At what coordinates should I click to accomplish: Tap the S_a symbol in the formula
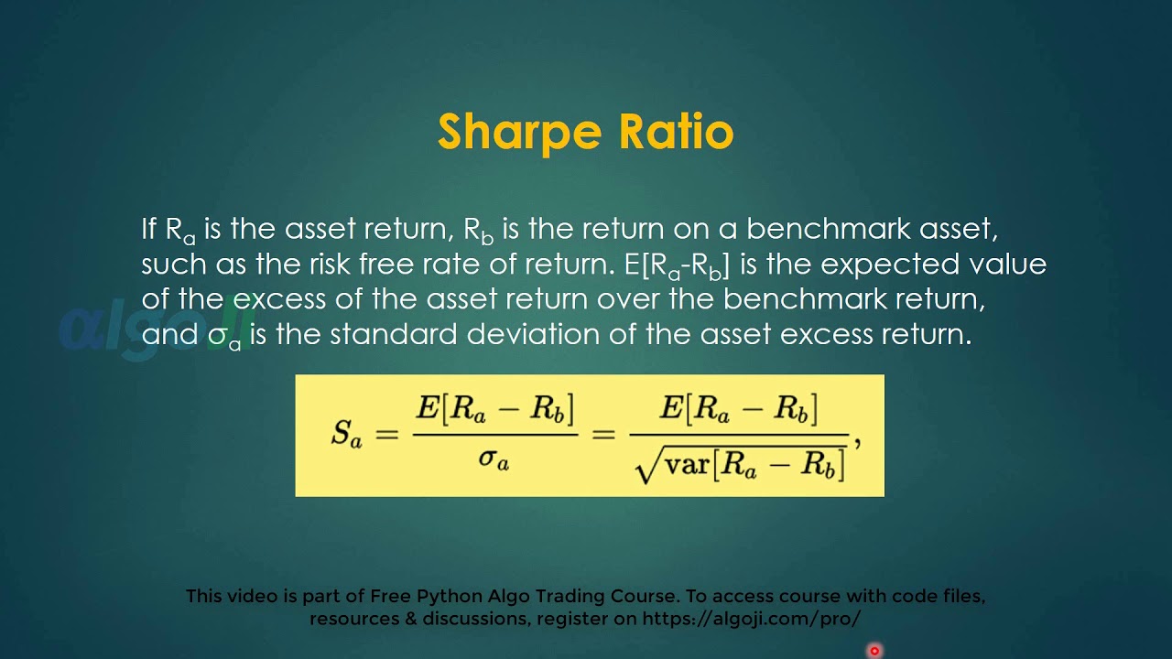pyautogui.click(x=346, y=434)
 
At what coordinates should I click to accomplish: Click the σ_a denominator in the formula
pyautogui.click(x=494, y=458)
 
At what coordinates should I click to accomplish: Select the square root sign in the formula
pyautogui.click(x=646, y=465)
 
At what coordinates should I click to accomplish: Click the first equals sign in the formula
pyautogui.click(x=387, y=435)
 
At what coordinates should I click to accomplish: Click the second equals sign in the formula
pyautogui.click(x=604, y=435)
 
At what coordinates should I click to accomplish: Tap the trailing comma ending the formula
pyautogui.click(x=857, y=443)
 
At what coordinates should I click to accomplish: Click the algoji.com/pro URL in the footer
pyautogui.click(x=752, y=619)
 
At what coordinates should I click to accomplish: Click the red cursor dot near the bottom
pyautogui.click(x=874, y=651)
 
